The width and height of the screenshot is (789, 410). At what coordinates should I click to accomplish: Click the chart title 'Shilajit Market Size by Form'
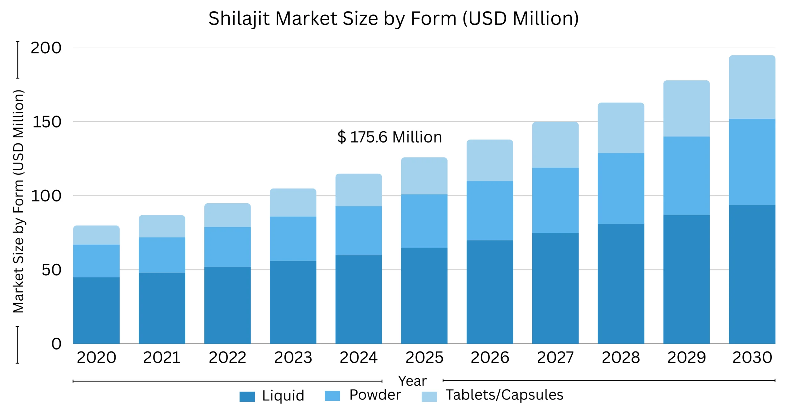pyautogui.click(x=393, y=18)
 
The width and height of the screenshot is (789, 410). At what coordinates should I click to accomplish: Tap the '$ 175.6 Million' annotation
pyautogui.click(x=390, y=137)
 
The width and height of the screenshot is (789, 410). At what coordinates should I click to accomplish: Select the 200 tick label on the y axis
pyautogui.click(x=46, y=48)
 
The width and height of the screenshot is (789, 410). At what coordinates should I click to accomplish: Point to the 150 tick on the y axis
pyautogui.click(x=47, y=122)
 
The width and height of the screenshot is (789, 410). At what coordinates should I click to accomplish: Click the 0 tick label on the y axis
pyautogui.click(x=56, y=343)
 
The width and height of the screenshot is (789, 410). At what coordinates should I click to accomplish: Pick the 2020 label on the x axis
pyautogui.click(x=96, y=357)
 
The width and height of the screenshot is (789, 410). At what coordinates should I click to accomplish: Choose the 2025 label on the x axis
pyautogui.click(x=424, y=357)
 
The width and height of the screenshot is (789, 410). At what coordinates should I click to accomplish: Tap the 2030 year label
pyautogui.click(x=752, y=357)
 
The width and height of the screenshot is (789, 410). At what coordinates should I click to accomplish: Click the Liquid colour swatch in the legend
pyautogui.click(x=247, y=396)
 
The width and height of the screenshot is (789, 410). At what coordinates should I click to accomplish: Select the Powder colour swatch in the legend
pyautogui.click(x=332, y=396)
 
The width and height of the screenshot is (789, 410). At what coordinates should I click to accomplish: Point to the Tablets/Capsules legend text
pyautogui.click(x=504, y=395)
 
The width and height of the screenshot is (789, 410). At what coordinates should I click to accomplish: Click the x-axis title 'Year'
pyautogui.click(x=412, y=381)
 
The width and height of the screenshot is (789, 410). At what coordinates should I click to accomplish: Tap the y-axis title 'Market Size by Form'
pyautogui.click(x=18, y=202)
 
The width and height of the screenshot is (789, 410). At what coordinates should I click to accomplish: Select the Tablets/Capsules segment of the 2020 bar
pyautogui.click(x=96, y=235)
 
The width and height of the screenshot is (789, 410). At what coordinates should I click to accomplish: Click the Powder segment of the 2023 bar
pyautogui.click(x=293, y=239)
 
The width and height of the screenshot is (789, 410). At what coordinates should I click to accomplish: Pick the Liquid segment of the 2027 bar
pyautogui.click(x=555, y=288)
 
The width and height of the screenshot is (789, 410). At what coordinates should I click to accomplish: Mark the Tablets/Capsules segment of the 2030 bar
pyautogui.click(x=752, y=87)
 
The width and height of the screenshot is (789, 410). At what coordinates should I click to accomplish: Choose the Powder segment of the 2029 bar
pyautogui.click(x=686, y=176)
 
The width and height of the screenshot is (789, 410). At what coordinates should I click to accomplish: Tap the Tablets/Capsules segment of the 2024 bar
pyautogui.click(x=358, y=190)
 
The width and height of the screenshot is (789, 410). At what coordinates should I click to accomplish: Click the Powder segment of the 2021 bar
pyautogui.click(x=162, y=255)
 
